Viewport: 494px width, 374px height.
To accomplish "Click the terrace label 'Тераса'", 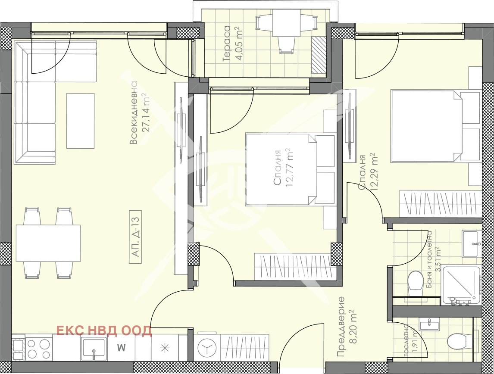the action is [x=226, y=44].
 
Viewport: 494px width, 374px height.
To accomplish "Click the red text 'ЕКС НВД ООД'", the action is [x=103, y=331].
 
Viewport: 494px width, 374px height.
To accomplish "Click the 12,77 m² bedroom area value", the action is [x=290, y=168].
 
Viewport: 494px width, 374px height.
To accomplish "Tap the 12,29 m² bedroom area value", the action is [x=374, y=172].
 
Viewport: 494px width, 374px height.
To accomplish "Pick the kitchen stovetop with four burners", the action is [x=39, y=349].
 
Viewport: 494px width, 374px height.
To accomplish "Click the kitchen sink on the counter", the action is [x=93, y=349].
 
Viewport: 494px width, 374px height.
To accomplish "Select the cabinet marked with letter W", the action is [x=121, y=348].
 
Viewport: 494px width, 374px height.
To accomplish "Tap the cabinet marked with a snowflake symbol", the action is [x=165, y=348].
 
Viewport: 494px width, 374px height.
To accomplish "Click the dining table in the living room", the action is [x=48, y=243].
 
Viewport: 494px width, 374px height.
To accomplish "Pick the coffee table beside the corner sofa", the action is [x=80, y=121].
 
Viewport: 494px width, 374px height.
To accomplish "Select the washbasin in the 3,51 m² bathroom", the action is [x=471, y=244].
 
